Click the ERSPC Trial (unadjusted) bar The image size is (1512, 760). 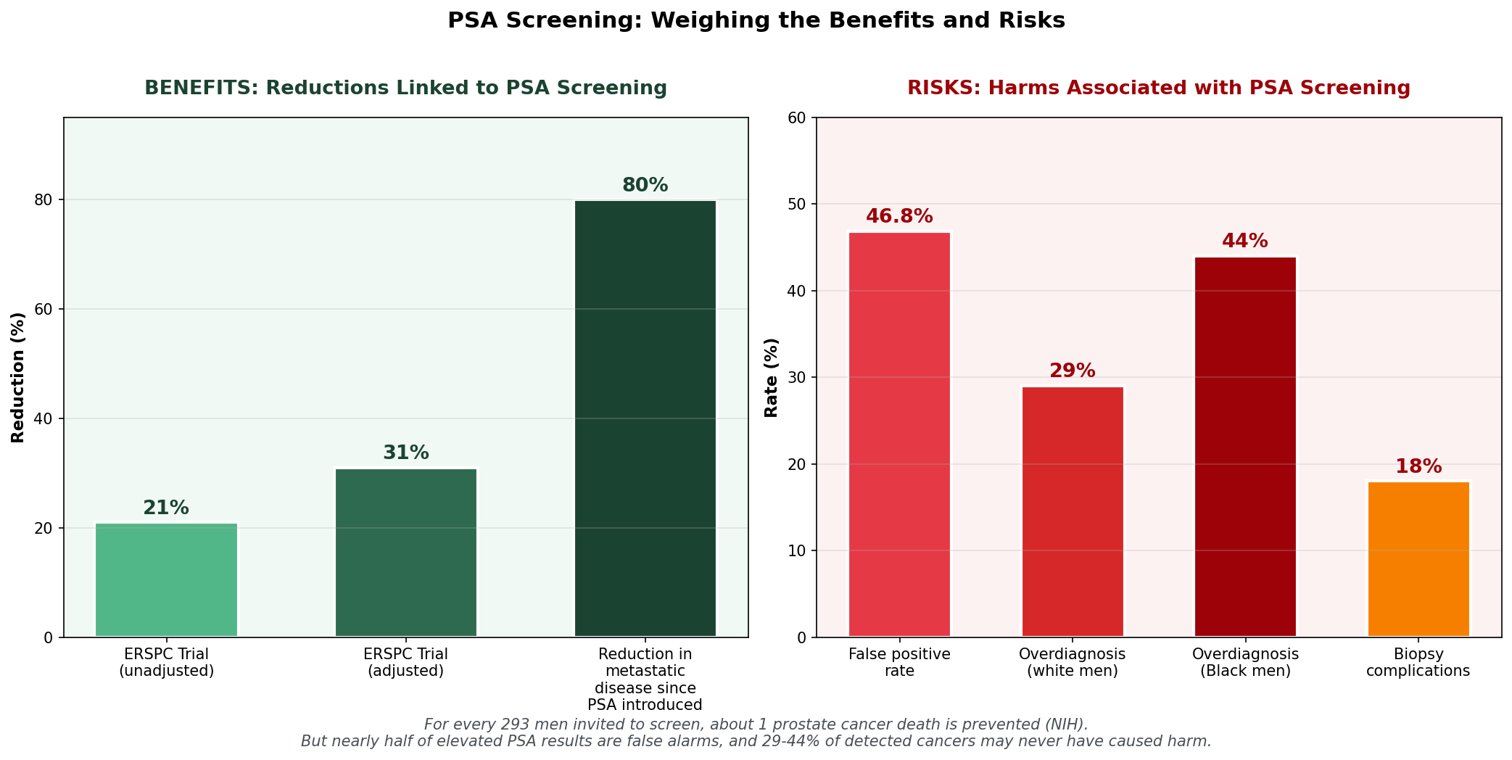click(x=166, y=579)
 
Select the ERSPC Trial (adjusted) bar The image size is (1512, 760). click(x=406, y=553)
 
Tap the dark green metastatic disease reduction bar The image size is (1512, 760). click(x=645, y=418)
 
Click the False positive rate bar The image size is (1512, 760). click(x=899, y=434)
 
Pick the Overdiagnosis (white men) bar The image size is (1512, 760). click(x=1073, y=512)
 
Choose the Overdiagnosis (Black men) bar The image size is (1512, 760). click(x=1245, y=447)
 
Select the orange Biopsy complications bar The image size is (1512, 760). click(x=1418, y=559)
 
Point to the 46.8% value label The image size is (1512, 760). click(x=899, y=217)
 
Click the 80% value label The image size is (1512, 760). click(x=645, y=186)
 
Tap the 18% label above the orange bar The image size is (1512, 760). click(x=1418, y=467)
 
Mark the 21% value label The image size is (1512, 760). click(x=166, y=508)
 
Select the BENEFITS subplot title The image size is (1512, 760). click(x=405, y=88)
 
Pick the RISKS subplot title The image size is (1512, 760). click(x=1159, y=88)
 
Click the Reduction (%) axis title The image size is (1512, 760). click(x=18, y=378)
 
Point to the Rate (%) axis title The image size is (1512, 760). click(x=772, y=378)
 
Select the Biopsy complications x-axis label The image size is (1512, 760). click(x=1418, y=662)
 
